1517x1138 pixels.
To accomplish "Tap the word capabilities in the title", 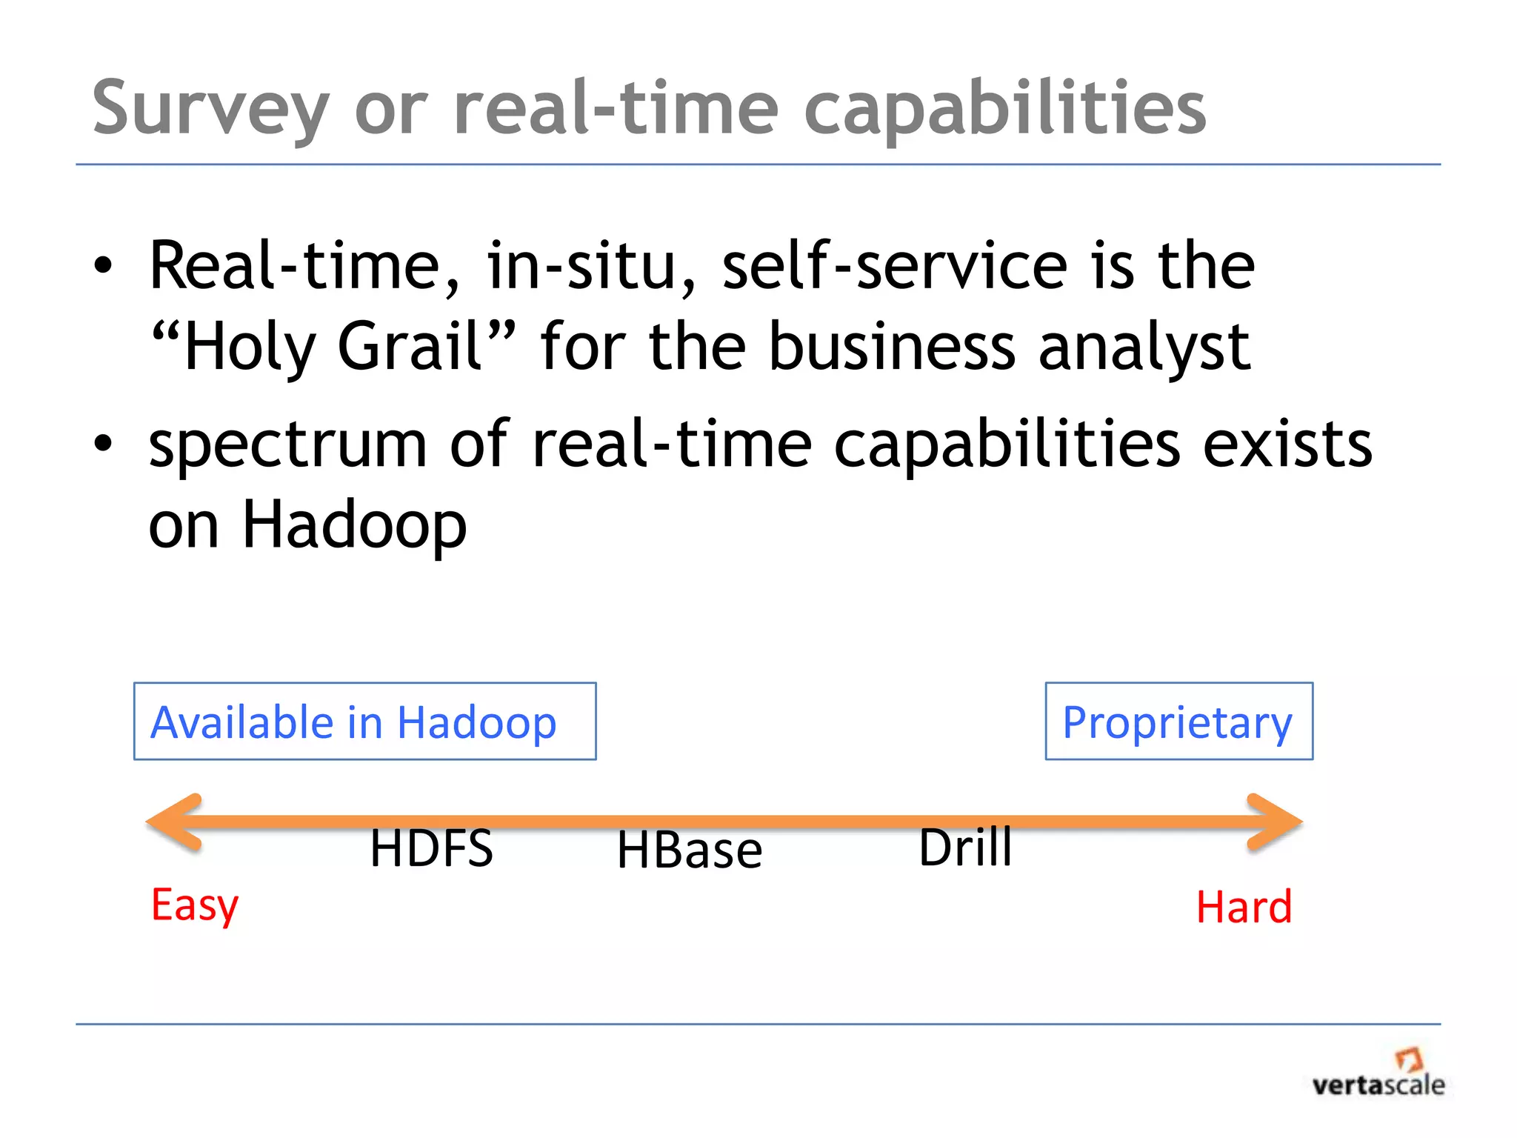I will [x=1005, y=110].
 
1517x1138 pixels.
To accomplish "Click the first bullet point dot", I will [x=103, y=266].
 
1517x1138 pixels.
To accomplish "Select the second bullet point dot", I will [x=103, y=444].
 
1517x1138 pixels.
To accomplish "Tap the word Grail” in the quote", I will [x=426, y=346].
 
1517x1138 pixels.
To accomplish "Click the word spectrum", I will [x=288, y=446].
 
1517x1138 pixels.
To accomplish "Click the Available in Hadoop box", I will [x=364, y=721].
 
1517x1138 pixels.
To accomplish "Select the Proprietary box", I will [x=1178, y=721].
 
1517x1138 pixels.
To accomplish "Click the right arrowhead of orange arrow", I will [x=1274, y=821].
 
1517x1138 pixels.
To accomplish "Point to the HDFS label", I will [x=431, y=848].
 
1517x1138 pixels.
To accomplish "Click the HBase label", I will [x=689, y=850].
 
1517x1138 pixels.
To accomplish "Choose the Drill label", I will [x=964, y=847].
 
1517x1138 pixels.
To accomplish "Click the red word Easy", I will [x=195, y=905].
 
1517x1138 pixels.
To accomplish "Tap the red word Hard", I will [x=1244, y=907].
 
